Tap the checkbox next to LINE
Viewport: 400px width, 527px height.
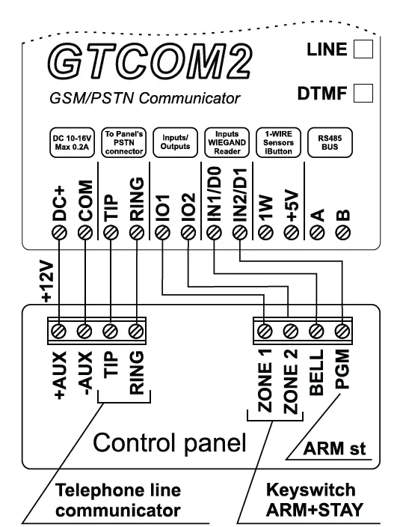click(x=362, y=50)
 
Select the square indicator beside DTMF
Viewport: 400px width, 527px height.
click(x=362, y=94)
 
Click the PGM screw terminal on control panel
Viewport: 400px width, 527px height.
click(x=343, y=329)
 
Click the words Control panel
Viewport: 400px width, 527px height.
click(x=168, y=445)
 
